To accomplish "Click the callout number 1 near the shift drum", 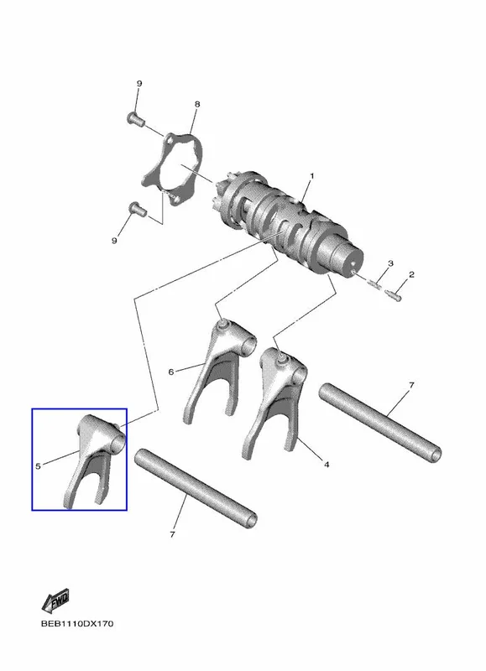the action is tap(312, 176).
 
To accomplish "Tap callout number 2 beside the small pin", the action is tap(411, 274).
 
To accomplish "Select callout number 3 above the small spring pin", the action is tap(390, 263).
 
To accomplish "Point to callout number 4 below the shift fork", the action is tap(327, 465).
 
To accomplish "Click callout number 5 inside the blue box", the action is tap(38, 466).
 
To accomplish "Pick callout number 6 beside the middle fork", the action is tap(171, 372).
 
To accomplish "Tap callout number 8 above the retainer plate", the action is tap(197, 104).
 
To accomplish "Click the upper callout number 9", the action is tap(139, 83).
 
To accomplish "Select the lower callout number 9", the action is tap(114, 241).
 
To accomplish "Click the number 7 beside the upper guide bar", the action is tap(411, 385).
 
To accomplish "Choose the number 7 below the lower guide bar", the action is tap(172, 534).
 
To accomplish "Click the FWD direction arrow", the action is tap(55, 601).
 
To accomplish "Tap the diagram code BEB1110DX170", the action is tap(77, 623).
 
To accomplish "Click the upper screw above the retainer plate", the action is tap(136, 117).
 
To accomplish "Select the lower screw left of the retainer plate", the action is tap(138, 208).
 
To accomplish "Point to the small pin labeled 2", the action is tap(394, 295).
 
